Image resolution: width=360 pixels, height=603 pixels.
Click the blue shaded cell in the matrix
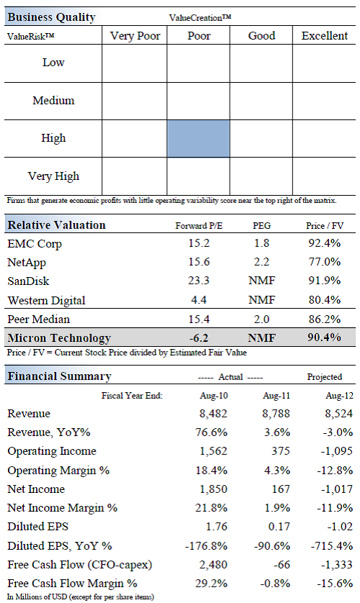[x=199, y=138]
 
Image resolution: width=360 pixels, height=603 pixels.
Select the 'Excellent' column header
[x=324, y=36]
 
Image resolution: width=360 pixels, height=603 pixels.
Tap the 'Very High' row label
[x=53, y=176]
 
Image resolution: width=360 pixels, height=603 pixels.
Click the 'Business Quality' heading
[x=51, y=17]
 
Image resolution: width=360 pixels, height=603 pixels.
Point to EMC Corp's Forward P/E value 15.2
[x=199, y=243]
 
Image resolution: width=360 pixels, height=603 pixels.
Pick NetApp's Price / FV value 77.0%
[x=324, y=262]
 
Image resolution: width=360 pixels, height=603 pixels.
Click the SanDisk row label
[x=29, y=281]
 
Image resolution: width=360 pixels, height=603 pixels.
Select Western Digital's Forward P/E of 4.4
[x=199, y=299]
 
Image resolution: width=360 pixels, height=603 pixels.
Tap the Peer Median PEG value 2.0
[x=261, y=319]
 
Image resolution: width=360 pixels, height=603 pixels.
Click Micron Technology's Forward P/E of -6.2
[x=199, y=337]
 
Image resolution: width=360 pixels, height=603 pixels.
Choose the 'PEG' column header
[x=261, y=226]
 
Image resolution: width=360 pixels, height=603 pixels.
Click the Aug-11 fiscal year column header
[x=276, y=396]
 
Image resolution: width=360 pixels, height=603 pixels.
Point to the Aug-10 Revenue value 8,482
[x=213, y=414]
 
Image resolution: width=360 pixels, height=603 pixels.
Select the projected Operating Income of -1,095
[x=336, y=451]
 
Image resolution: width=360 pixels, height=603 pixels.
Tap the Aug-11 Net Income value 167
[x=281, y=489]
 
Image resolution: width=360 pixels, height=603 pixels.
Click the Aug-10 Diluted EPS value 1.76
[x=217, y=527]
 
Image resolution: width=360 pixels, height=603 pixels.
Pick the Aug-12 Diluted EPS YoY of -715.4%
[x=332, y=545]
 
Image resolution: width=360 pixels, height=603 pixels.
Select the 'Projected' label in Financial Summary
[x=324, y=377]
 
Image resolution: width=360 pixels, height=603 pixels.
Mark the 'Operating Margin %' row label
[x=58, y=471]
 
